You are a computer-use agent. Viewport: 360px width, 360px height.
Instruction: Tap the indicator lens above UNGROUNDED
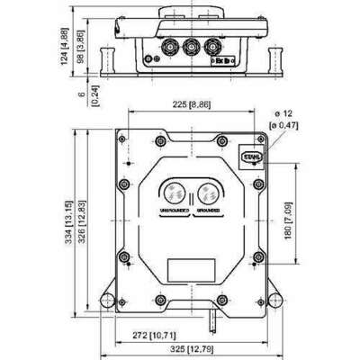click(x=174, y=192)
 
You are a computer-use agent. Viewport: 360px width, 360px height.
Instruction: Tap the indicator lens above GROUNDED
click(x=208, y=192)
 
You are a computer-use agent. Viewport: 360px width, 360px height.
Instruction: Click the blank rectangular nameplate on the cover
click(x=191, y=269)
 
